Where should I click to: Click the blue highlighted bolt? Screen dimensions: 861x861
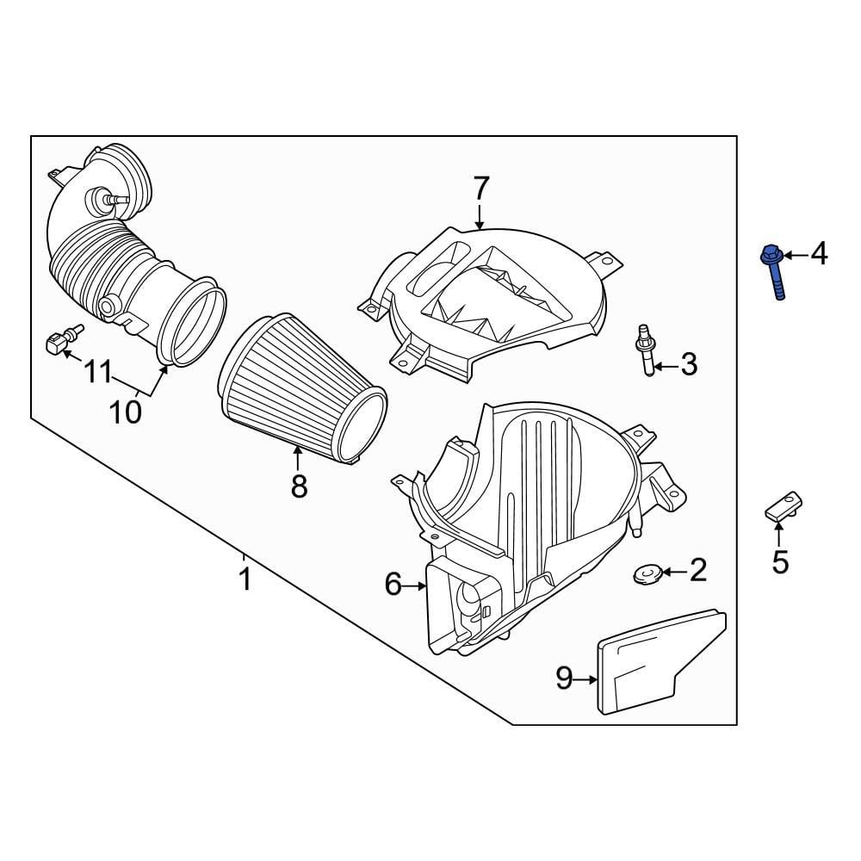point(773,274)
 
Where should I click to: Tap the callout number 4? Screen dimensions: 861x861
point(818,254)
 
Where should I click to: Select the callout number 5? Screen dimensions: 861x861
point(780,562)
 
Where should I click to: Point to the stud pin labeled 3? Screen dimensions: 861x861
point(644,353)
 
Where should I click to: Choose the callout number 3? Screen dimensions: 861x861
point(689,365)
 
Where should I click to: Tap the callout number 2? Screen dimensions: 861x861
point(697,569)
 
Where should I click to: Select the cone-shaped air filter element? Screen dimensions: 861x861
point(301,387)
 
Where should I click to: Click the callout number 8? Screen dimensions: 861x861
point(299,486)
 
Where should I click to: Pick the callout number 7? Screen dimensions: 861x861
point(480,189)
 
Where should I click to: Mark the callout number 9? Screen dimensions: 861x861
point(564,678)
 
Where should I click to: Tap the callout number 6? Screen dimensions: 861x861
point(393,585)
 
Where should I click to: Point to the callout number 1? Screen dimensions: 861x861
point(245,579)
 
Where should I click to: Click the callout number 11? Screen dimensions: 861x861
point(98,373)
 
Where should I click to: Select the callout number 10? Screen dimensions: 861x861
point(126,412)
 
